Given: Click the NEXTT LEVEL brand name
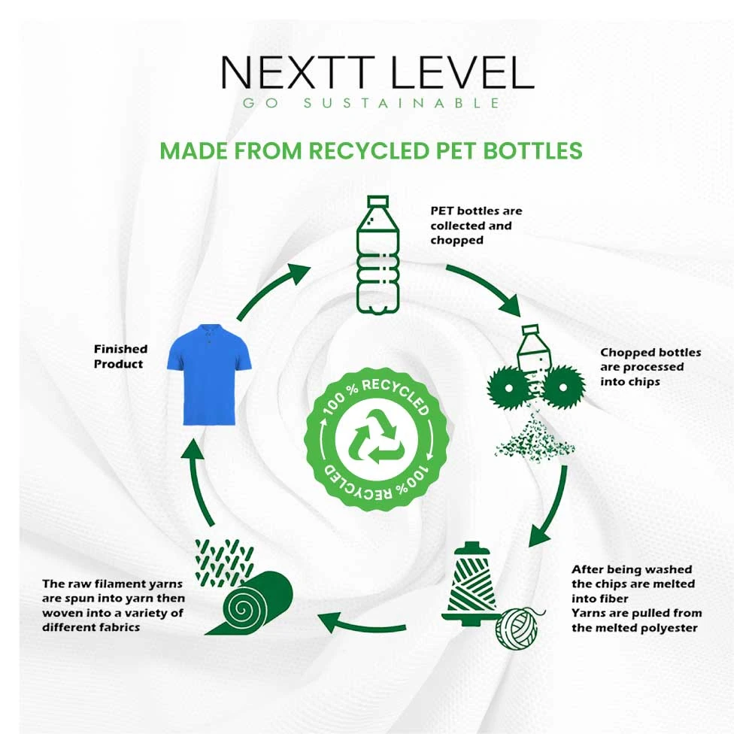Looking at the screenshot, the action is click(378, 72).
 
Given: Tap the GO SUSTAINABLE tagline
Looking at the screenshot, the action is click(371, 103).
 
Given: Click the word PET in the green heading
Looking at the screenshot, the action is click(456, 150).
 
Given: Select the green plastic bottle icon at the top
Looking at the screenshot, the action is click(378, 255).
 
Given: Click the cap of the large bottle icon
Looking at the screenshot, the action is click(378, 201).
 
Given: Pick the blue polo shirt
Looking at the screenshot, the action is click(209, 374).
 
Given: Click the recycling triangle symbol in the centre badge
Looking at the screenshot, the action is click(376, 437).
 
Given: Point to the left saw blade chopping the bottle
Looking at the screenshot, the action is click(508, 387).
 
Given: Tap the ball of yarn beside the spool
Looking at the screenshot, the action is click(517, 628).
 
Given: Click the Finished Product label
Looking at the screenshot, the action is click(120, 356).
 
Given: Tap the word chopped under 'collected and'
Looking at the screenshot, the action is click(456, 241).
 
